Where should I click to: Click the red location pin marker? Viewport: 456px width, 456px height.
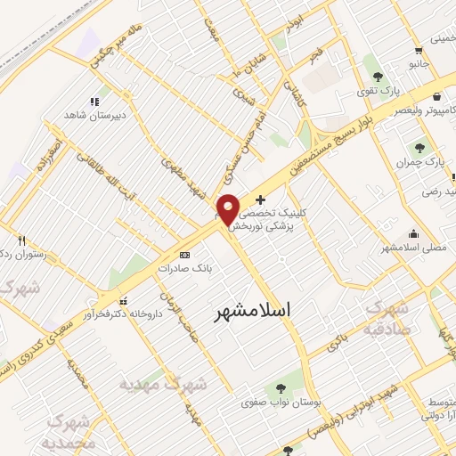(x=228, y=208)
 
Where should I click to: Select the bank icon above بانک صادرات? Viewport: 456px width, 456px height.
(x=184, y=254)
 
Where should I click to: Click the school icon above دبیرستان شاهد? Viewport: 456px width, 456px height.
(x=94, y=101)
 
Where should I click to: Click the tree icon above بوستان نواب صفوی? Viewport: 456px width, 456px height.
(x=281, y=387)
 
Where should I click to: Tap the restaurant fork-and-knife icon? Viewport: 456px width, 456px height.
(x=21, y=240)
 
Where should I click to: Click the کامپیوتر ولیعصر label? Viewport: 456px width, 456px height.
(x=406, y=109)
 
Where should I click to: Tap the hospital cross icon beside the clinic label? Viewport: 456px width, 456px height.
(x=260, y=200)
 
